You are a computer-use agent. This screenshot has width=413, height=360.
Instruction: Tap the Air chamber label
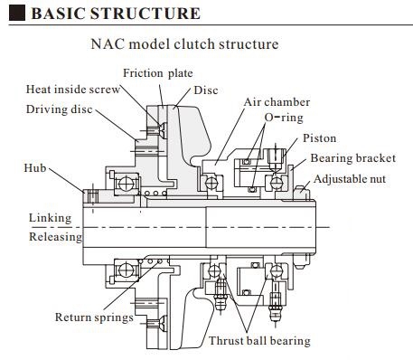pos(276,102)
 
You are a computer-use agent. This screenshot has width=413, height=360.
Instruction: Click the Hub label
pos(34,168)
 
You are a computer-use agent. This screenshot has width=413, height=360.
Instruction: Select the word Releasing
pos(55,237)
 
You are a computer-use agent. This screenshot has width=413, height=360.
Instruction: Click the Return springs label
pos(94,317)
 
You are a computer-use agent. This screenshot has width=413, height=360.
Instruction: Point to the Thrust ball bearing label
pos(259,341)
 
